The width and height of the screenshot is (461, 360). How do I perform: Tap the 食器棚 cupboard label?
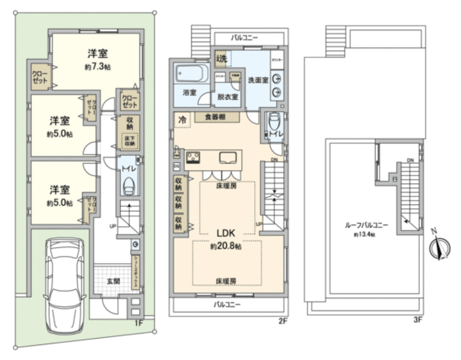[x=210, y=116]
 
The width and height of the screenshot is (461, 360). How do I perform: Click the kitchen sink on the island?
[x=226, y=158]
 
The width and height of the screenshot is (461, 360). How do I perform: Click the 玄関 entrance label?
[x=113, y=281]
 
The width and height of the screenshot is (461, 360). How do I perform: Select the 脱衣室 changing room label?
[x=228, y=97]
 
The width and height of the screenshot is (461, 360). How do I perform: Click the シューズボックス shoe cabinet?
[x=136, y=273]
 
